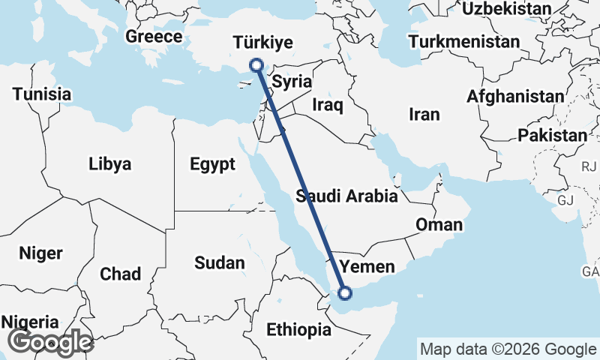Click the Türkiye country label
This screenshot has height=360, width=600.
262,42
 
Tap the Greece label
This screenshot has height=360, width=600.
154,36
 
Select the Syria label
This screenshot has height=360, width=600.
292,82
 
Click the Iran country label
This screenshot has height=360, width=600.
424,115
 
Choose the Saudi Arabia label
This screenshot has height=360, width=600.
346,196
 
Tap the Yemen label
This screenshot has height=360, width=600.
367,266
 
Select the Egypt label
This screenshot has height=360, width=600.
212,164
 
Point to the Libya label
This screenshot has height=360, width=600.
109,164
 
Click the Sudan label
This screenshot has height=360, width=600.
219,262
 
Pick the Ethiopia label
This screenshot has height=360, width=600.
298,329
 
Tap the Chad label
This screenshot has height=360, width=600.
120,274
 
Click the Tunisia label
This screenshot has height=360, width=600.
41,94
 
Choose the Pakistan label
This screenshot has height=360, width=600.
553,136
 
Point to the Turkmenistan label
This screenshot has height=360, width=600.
464,41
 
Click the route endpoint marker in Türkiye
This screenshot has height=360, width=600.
256,65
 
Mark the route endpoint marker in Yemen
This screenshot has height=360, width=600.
346,293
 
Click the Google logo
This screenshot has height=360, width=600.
49,342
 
